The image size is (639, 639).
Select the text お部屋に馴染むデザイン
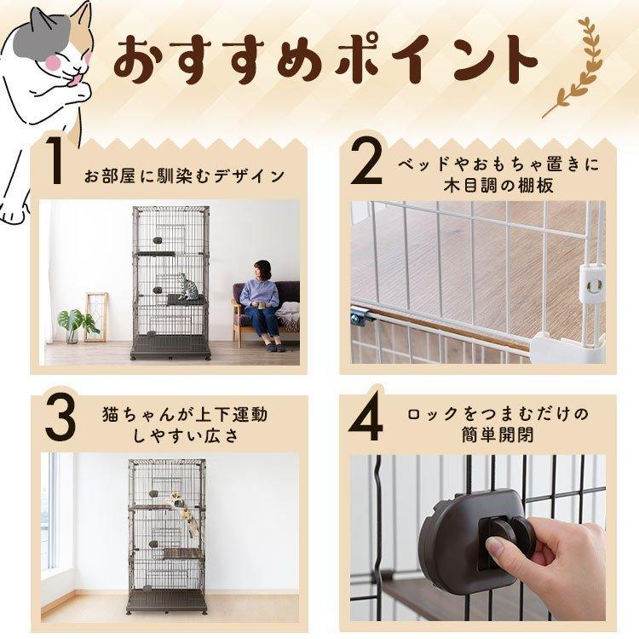[185, 176]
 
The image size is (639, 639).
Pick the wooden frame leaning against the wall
[95, 317]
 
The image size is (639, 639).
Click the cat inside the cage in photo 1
[187, 287]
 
